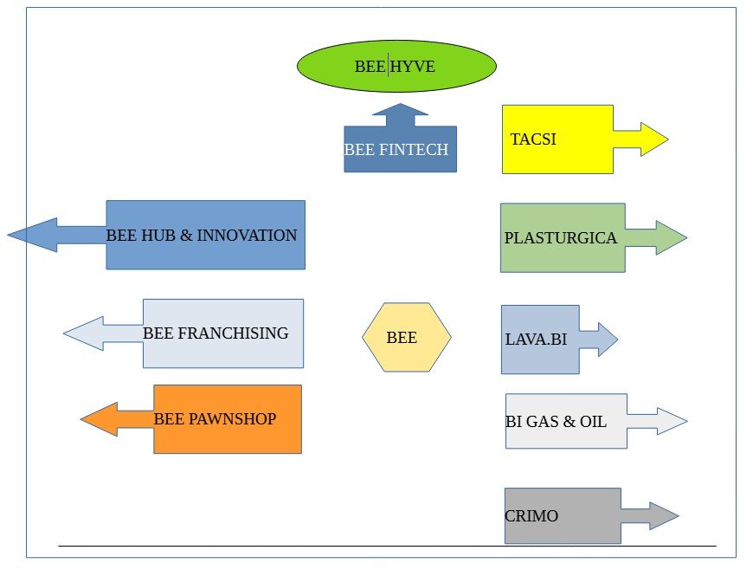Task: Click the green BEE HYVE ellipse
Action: pyautogui.click(x=396, y=66)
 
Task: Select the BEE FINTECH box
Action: pyautogui.click(x=400, y=150)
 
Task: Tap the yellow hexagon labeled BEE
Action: pyautogui.click(x=406, y=338)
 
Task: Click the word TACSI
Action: pyautogui.click(x=533, y=139)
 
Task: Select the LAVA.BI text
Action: pyautogui.click(x=536, y=340)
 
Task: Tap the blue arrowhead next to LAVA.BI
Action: pyautogui.click(x=607, y=340)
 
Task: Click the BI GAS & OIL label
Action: pyautogui.click(x=556, y=422)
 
